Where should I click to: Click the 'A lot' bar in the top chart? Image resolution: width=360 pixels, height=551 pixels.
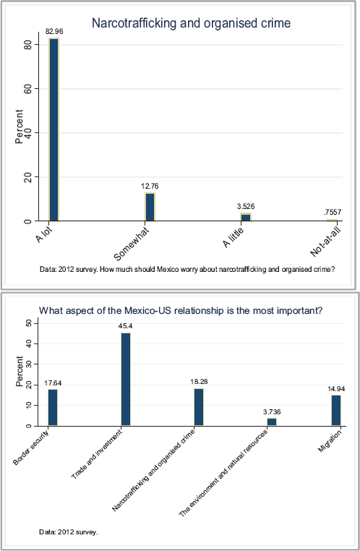coord(53,129)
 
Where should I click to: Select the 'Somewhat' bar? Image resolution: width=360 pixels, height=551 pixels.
coord(150,207)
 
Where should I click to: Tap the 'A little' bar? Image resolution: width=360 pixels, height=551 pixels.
coord(246,217)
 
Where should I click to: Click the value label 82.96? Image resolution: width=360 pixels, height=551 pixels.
coord(54,32)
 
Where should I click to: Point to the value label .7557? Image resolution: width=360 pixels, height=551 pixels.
coord(333,212)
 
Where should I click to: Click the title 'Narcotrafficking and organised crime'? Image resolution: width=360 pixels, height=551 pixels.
coord(191,23)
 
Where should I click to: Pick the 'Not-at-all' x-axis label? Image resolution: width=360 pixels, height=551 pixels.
coord(326,242)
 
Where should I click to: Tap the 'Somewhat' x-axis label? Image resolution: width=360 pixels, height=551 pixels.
coord(132,244)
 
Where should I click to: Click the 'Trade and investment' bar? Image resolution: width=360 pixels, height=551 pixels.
coord(126,379)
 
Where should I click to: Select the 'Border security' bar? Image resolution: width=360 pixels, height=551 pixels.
coord(53,408)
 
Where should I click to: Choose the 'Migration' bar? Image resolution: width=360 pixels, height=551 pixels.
coord(336,411)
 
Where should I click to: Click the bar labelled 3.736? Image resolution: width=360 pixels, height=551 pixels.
coord(272,422)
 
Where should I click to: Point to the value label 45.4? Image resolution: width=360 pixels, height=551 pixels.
coord(125,326)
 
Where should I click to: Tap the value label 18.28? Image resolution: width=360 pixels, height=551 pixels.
coord(199,382)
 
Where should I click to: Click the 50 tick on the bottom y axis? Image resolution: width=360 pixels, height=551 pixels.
coord(29,323)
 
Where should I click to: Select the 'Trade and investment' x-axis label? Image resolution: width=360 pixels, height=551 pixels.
coord(97,454)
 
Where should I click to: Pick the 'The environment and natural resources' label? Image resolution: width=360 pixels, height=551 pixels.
coord(223,473)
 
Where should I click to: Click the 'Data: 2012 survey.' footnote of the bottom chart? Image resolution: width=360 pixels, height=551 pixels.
coord(69,532)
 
